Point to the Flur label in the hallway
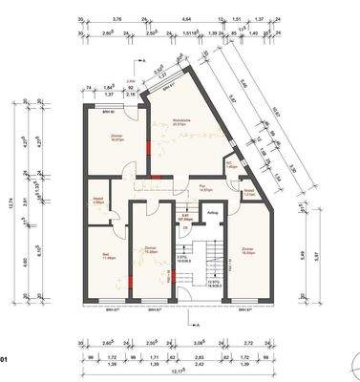tap(202, 187)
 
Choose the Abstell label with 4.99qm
tap(98, 201)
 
